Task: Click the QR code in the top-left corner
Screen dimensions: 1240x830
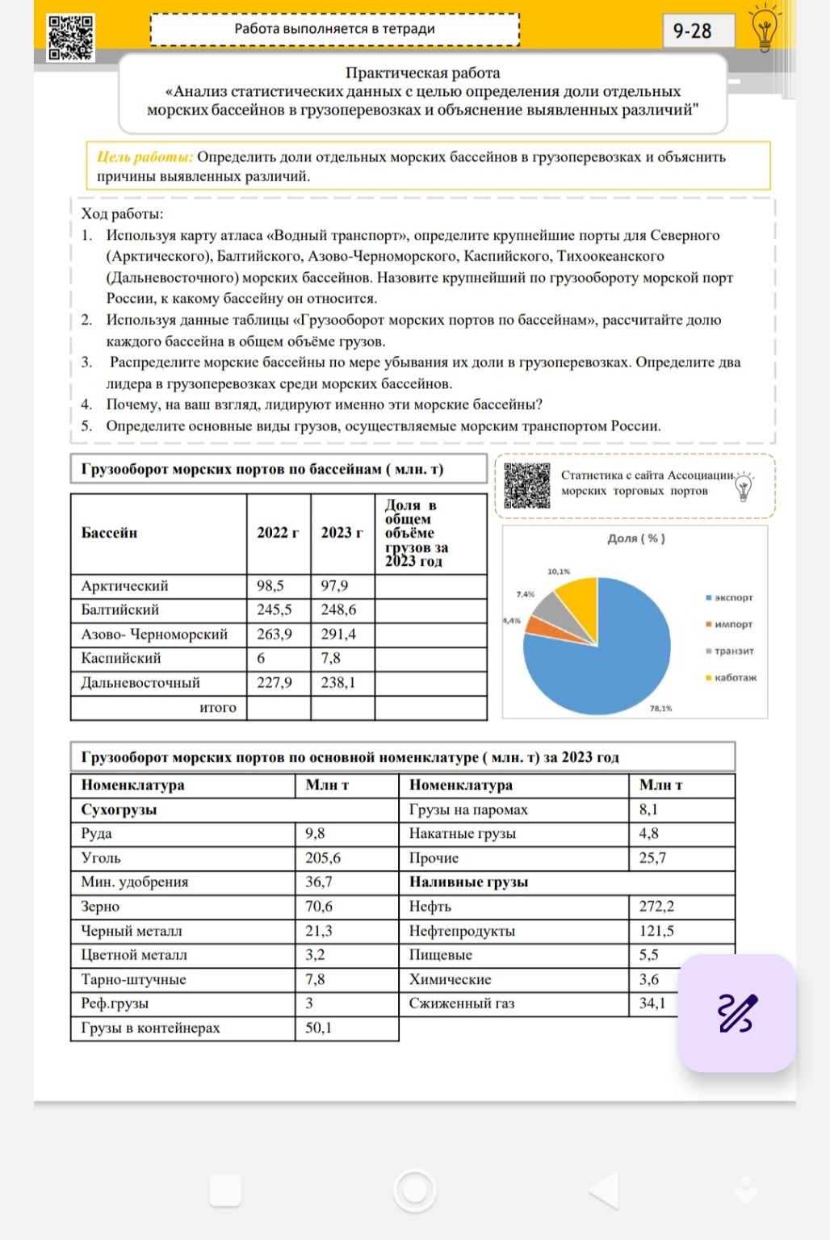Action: tap(70, 37)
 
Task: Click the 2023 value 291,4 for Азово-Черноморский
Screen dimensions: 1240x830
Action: tap(338, 635)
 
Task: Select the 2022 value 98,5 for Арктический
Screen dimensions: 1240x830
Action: tap(270, 586)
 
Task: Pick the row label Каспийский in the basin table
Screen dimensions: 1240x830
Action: tap(121, 659)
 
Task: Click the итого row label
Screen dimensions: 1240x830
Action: tap(218, 708)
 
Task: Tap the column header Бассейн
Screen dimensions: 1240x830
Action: tap(110, 533)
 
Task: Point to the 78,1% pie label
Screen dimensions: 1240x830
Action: tap(660, 709)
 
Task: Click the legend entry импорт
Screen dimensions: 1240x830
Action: tap(732, 624)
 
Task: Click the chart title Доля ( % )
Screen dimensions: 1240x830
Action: tap(636, 538)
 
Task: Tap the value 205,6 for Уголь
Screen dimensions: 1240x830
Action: tap(323, 858)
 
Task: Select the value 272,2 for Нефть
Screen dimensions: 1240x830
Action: tap(656, 907)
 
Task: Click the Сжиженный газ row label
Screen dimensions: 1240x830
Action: tap(462, 1003)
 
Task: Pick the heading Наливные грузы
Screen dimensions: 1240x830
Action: tap(468, 882)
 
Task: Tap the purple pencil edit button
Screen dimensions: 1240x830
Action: tap(736, 1013)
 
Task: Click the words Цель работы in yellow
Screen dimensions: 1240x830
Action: tap(145, 157)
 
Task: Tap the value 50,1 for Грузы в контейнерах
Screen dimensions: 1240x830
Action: tap(319, 1028)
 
